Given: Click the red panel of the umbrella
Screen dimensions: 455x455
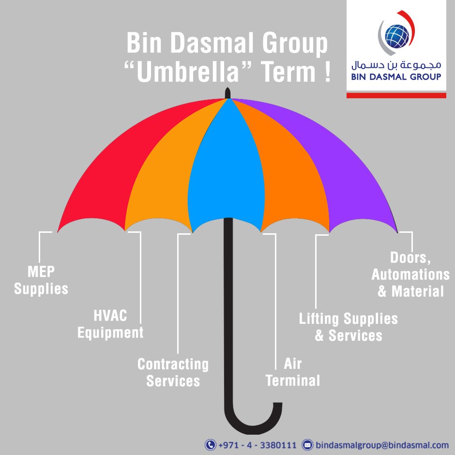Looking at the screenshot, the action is click(x=111, y=169).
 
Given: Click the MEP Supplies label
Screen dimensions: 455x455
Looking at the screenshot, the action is click(x=41, y=280).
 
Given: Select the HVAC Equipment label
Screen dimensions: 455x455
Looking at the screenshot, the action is click(x=110, y=324).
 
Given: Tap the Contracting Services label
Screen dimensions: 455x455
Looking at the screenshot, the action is click(x=173, y=372).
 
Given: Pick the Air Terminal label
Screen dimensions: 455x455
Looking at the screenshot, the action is click(x=293, y=372).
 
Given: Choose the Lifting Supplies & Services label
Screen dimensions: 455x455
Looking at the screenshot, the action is click(x=349, y=327).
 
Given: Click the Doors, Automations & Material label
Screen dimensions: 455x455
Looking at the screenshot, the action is click(x=410, y=274).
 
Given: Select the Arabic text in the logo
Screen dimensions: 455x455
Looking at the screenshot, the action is click(x=396, y=64).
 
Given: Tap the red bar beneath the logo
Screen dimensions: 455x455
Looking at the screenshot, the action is click(x=396, y=96).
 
